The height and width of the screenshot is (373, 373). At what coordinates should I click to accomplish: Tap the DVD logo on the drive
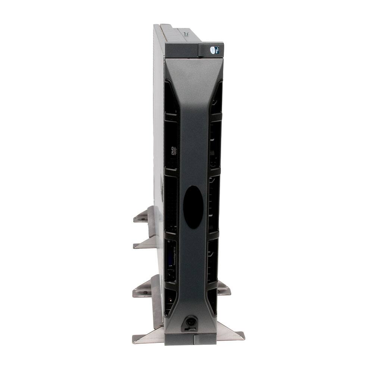point(173,151)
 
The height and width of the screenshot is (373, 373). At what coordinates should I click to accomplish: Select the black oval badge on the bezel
point(194,207)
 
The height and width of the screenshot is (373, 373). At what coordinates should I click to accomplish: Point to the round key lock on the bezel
point(191,321)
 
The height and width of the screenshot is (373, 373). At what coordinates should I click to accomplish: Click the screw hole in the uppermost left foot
point(140,219)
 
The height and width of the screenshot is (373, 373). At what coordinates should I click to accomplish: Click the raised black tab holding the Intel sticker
point(211,50)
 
